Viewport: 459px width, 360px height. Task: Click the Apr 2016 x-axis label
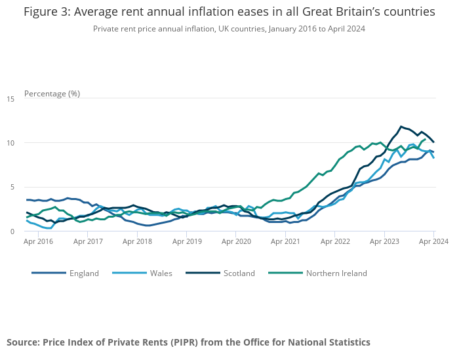[x=39, y=241]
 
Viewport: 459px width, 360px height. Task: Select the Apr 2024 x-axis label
[x=433, y=241]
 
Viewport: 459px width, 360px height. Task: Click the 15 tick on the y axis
[x=10, y=99]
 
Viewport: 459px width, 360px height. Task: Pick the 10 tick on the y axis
[x=10, y=143]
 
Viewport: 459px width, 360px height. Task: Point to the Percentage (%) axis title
[x=52, y=93]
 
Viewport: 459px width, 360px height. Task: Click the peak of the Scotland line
[x=401, y=127]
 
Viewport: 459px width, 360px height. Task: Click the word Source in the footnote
[x=23, y=342]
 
